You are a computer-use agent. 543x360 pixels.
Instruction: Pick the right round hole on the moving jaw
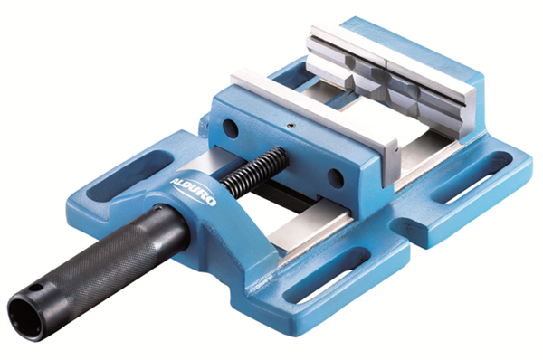(336, 178)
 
